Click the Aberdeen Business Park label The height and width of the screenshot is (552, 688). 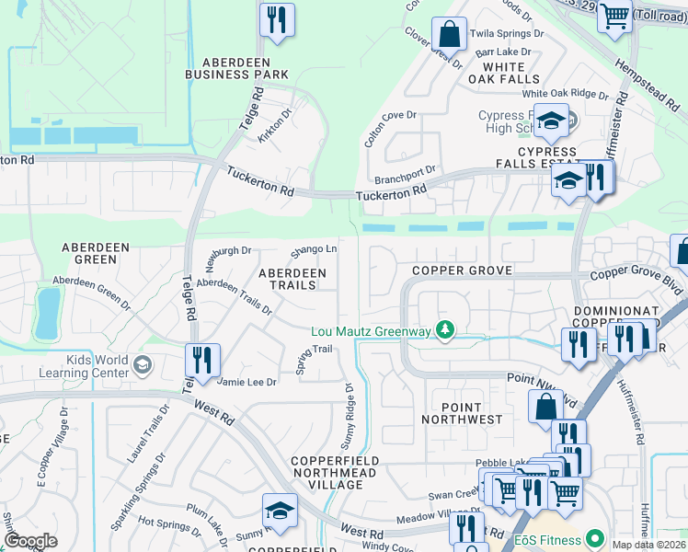pyautogui.click(x=236, y=66)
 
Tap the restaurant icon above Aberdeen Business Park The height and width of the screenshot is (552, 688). pyautogui.click(x=277, y=19)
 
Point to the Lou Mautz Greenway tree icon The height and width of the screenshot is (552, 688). pyautogui.click(x=445, y=329)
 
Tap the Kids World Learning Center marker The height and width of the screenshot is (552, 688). pyautogui.click(x=142, y=366)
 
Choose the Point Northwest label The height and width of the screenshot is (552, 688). pyautogui.click(x=462, y=412)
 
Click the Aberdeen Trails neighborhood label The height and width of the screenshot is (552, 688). pyautogui.click(x=292, y=279)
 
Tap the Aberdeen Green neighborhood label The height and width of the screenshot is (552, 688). pyautogui.click(x=89, y=253)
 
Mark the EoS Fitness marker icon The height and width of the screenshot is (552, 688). pyautogui.click(x=595, y=538)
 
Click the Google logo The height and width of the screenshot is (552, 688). pyautogui.click(x=30, y=541)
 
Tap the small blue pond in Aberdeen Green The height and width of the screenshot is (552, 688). pyautogui.click(x=46, y=314)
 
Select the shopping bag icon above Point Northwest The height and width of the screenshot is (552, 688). pyautogui.click(x=545, y=406)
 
